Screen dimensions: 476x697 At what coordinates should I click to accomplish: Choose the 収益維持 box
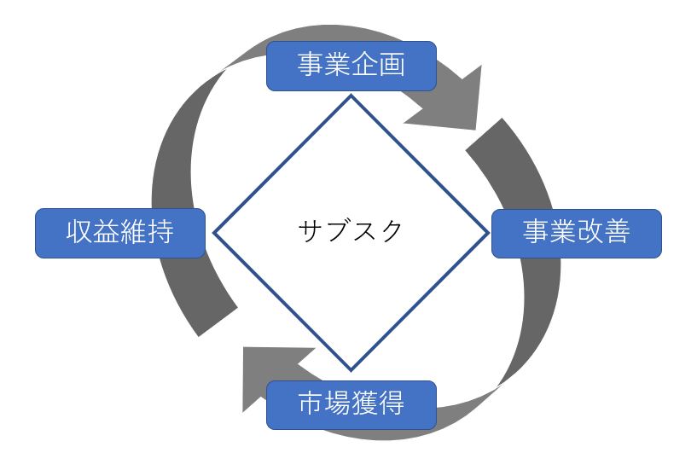[x=120, y=233]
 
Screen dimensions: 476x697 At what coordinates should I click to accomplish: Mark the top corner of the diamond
[x=350, y=96]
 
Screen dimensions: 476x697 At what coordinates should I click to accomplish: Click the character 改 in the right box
[x=590, y=233]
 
